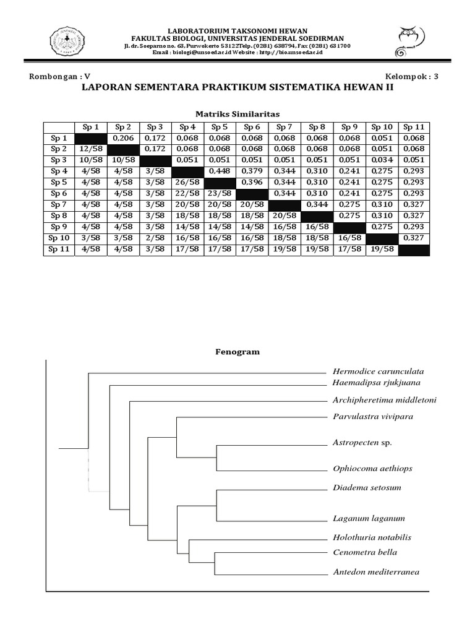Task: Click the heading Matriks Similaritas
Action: (237, 114)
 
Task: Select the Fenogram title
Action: (237, 352)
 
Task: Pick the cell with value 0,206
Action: (124, 138)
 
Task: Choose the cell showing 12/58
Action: (91, 149)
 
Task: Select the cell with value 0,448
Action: (221, 172)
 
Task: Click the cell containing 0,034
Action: (383, 160)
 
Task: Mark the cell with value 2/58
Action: (156, 238)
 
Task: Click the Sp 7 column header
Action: (286, 127)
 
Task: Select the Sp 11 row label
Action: (59, 250)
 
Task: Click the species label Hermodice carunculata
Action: (378, 372)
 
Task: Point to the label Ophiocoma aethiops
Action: (372, 469)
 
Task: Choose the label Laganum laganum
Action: (369, 518)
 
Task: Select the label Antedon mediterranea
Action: (376, 572)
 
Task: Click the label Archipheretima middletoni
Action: (384, 400)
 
